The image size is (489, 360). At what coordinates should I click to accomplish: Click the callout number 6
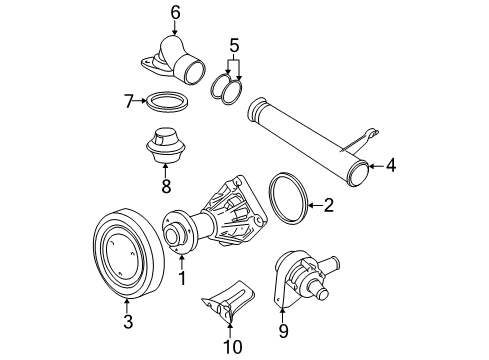point(176,13)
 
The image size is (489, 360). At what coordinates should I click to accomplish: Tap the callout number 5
point(234,45)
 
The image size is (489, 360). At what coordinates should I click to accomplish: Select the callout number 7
point(129,101)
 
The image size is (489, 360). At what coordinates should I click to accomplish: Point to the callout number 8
point(166,186)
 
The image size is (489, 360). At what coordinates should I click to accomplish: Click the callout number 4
point(391,165)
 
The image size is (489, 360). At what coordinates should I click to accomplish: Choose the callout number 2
point(328,205)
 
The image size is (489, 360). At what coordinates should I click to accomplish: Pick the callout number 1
point(182,278)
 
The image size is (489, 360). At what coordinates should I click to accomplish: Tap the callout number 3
point(128,321)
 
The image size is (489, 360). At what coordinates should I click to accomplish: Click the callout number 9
point(283,331)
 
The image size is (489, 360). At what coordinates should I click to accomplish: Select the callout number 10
point(232,347)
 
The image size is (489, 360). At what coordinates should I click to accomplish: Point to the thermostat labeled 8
point(166,145)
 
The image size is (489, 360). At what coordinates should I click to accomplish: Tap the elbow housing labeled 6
point(175,60)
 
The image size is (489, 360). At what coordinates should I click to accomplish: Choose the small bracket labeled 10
point(229,300)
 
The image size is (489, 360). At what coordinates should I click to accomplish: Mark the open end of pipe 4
point(358,173)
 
